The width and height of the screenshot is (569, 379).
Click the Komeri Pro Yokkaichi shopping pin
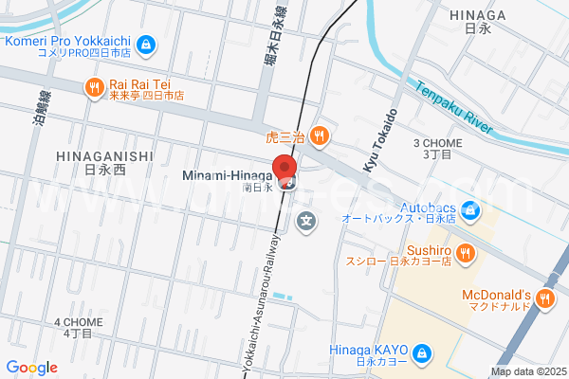(145, 44)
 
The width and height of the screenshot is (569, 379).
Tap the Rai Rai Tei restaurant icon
(93, 88)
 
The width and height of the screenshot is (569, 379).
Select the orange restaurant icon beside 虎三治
(321, 135)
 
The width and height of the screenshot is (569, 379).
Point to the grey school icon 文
(306, 224)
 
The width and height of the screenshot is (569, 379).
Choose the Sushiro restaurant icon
(465, 252)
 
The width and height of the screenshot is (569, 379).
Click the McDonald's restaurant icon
(544, 299)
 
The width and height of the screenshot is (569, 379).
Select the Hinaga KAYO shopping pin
(423, 355)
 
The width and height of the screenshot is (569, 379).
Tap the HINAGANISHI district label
(104, 156)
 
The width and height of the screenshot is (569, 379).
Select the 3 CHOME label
(437, 144)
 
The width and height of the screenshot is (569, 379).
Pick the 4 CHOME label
(79, 322)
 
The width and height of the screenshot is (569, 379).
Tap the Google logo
(31, 368)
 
